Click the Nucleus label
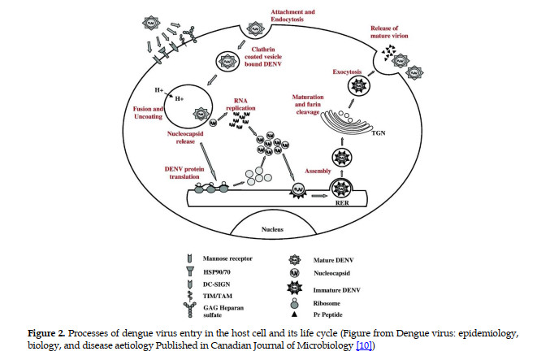[x=272, y=229]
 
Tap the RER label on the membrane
[x=342, y=203]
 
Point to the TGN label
[x=379, y=133]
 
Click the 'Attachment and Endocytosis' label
[x=292, y=15]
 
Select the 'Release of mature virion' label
[x=389, y=32]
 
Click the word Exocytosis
[x=347, y=72]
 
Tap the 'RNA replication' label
[x=240, y=104]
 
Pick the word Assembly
[x=318, y=171]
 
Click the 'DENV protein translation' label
[x=184, y=172]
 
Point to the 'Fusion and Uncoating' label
[x=148, y=113]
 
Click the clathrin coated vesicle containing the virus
[x=227, y=62]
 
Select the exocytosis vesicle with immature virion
[x=359, y=85]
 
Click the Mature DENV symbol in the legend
[x=295, y=259]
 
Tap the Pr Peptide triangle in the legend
[x=293, y=314]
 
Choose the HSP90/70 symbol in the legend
[x=190, y=271]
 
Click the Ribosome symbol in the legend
[x=294, y=303]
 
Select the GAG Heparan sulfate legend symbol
[x=189, y=310]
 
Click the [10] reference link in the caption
[x=364, y=345]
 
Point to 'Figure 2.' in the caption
[x=46, y=333]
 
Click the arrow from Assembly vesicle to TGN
[x=342, y=141]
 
